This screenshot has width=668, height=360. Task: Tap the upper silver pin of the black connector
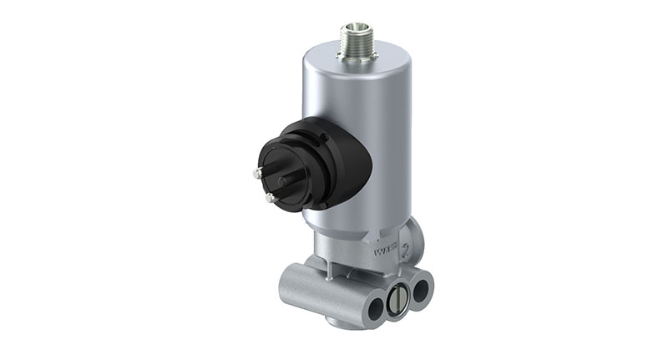click(x=254, y=173)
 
